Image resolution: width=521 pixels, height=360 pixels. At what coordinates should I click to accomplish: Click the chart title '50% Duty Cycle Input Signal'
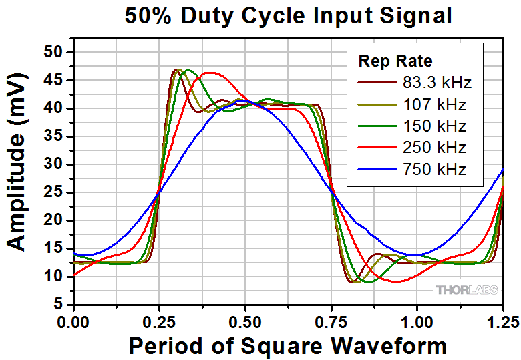[289, 15]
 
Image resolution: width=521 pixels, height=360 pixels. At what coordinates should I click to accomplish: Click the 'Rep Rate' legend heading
[395, 61]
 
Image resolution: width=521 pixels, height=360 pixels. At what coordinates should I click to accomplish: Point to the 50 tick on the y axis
[57, 52]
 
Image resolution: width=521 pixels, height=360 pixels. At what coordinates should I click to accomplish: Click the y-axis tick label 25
[57, 192]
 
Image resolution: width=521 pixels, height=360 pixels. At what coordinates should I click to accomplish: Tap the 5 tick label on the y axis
[61, 305]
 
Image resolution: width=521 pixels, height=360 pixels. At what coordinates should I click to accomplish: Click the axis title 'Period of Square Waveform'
[288, 345]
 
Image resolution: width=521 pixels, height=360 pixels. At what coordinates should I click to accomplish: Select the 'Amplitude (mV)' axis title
[18, 178]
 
